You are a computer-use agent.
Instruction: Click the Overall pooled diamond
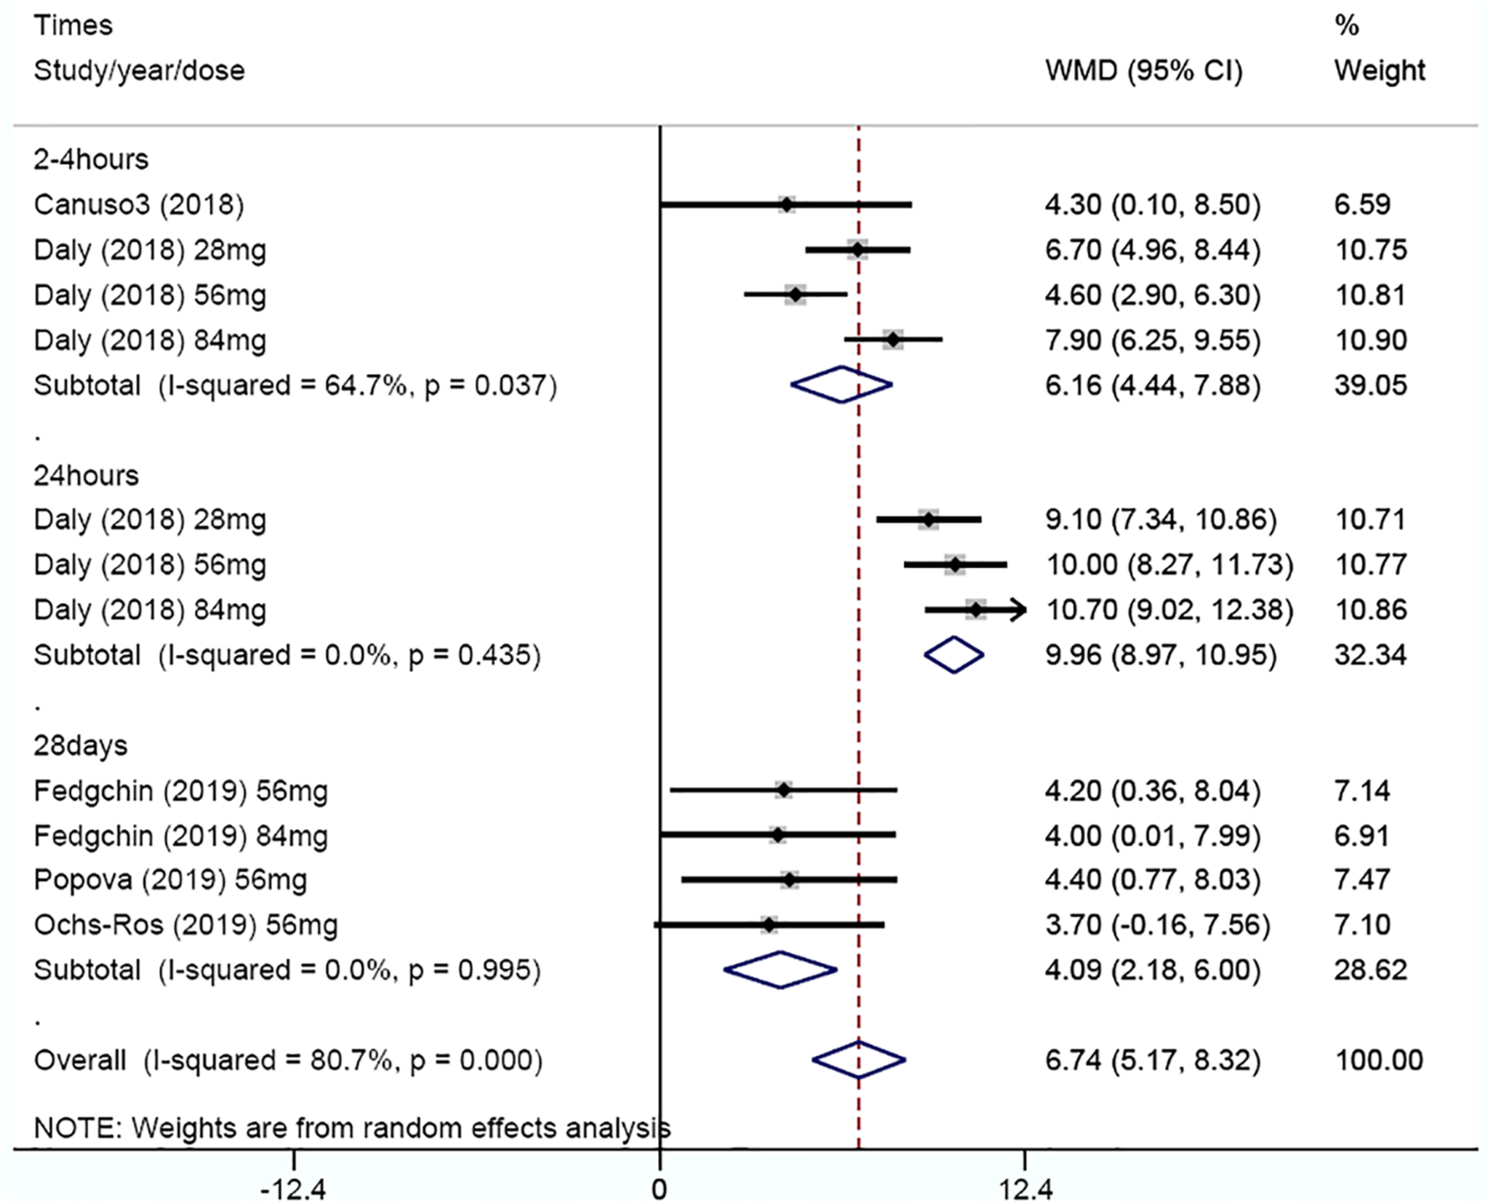click(858, 1060)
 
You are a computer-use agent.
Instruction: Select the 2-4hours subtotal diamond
click(842, 384)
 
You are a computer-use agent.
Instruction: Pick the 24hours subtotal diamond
click(954, 655)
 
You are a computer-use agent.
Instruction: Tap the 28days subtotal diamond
click(781, 970)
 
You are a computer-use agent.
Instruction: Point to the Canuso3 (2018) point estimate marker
click(786, 205)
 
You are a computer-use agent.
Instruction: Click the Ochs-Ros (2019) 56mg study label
click(185, 925)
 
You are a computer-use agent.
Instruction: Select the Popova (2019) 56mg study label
click(170, 879)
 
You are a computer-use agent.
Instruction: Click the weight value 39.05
click(1371, 385)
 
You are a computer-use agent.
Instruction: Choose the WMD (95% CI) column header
click(1144, 71)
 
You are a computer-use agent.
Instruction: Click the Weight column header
click(1379, 71)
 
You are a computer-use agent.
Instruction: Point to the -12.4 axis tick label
click(293, 1190)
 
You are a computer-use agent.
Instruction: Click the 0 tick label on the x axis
click(659, 1190)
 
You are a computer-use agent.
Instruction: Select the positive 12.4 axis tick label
click(1025, 1190)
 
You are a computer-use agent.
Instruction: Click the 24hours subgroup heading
click(86, 476)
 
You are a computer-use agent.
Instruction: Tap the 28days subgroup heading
click(81, 746)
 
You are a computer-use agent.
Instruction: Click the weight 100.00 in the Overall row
click(1379, 1060)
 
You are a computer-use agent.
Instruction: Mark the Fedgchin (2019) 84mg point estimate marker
click(778, 835)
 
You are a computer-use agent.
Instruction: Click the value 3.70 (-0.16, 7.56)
click(1158, 925)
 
